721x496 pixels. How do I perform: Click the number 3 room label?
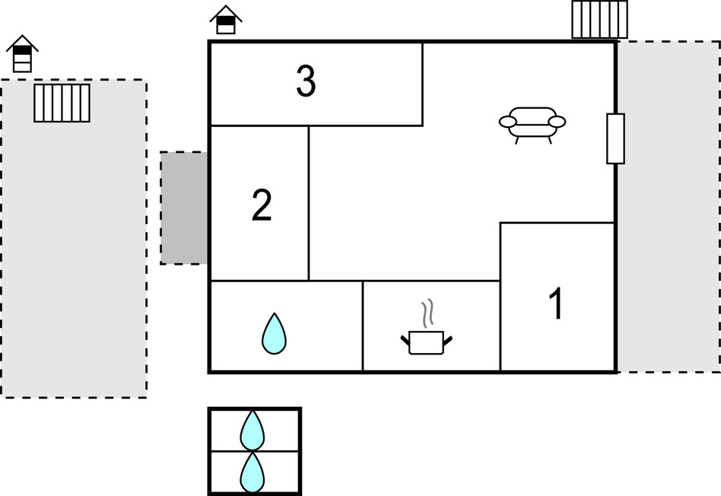point(306,81)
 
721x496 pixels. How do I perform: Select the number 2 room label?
point(262,205)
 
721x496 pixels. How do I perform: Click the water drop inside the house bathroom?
point(274,333)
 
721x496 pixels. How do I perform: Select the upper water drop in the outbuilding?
point(253,431)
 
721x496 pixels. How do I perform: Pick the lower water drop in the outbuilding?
point(253,472)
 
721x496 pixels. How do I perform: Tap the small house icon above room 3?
point(226,20)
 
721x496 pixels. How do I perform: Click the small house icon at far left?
point(23,53)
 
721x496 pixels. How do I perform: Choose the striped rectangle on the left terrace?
point(62,103)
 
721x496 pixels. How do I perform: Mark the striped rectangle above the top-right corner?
point(599,19)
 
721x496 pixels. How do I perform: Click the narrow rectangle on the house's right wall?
point(616,138)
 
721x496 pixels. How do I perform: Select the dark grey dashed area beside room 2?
point(184,208)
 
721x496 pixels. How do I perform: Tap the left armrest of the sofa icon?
point(508,122)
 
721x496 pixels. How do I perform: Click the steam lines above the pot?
point(427,313)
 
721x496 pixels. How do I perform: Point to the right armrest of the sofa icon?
point(557,122)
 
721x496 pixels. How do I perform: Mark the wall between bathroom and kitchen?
point(363,326)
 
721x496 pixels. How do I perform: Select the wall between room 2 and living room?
point(309,203)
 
